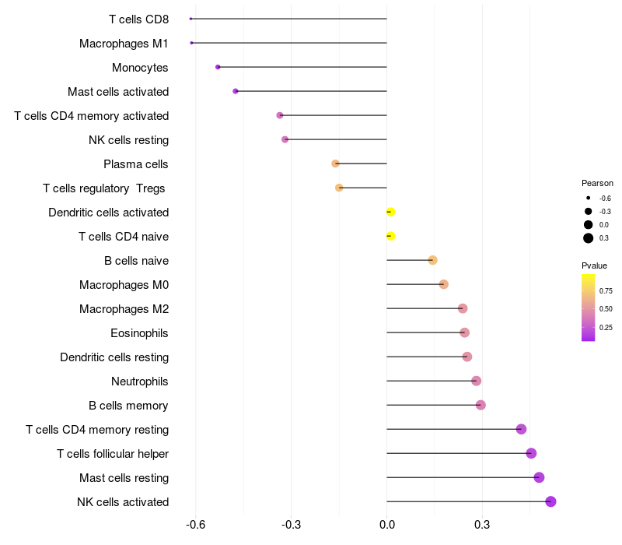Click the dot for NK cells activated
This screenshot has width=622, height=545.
(550, 501)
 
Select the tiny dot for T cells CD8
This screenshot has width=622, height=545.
(190, 19)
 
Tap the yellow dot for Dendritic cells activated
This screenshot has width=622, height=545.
(390, 212)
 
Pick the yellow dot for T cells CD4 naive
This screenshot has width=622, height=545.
(390, 236)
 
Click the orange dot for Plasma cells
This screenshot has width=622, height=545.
(336, 163)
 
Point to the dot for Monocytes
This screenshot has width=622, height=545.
(218, 67)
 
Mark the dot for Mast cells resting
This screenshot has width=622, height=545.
(539, 477)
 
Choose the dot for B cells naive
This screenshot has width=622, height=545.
(433, 260)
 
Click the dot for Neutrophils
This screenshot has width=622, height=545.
(476, 381)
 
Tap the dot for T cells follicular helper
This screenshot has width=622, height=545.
(531, 453)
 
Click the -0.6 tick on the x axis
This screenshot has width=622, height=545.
(196, 525)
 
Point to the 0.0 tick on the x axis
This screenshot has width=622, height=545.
(386, 525)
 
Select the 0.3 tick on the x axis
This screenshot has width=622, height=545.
(482, 525)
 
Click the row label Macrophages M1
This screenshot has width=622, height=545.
(124, 44)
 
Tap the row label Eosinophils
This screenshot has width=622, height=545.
(139, 333)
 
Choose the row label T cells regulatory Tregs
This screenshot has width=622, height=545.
(104, 188)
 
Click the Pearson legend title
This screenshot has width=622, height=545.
(597, 183)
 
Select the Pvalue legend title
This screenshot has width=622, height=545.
(594, 265)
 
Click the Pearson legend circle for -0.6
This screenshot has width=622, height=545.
(589, 198)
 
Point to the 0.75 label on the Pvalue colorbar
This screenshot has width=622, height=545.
(606, 290)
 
